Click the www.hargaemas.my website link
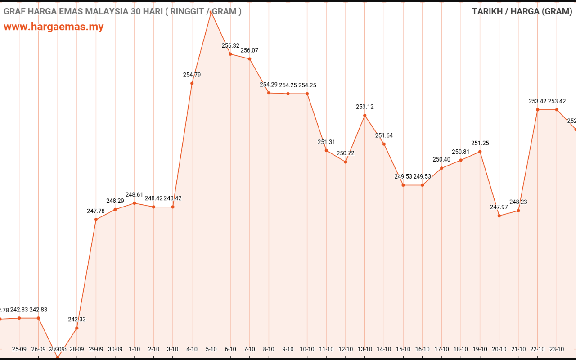coord(54,27)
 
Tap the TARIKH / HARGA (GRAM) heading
coord(522,11)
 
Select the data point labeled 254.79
coord(192,83)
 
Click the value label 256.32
coord(230,45)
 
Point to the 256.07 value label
coord(249,50)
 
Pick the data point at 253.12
coord(365,115)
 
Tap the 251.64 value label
coord(384,135)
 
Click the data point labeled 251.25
coord(480,152)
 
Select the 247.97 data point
coord(499,216)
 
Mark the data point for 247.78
coord(96,220)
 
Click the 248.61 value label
coord(134,195)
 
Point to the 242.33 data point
coord(77,328)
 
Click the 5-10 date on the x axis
coord(211,349)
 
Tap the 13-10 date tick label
coord(365,349)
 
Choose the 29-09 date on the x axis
coord(96,349)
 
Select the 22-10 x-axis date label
coord(537,349)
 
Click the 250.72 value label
coord(346,153)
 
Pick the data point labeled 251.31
coord(326,150)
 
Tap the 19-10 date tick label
coord(480,349)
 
